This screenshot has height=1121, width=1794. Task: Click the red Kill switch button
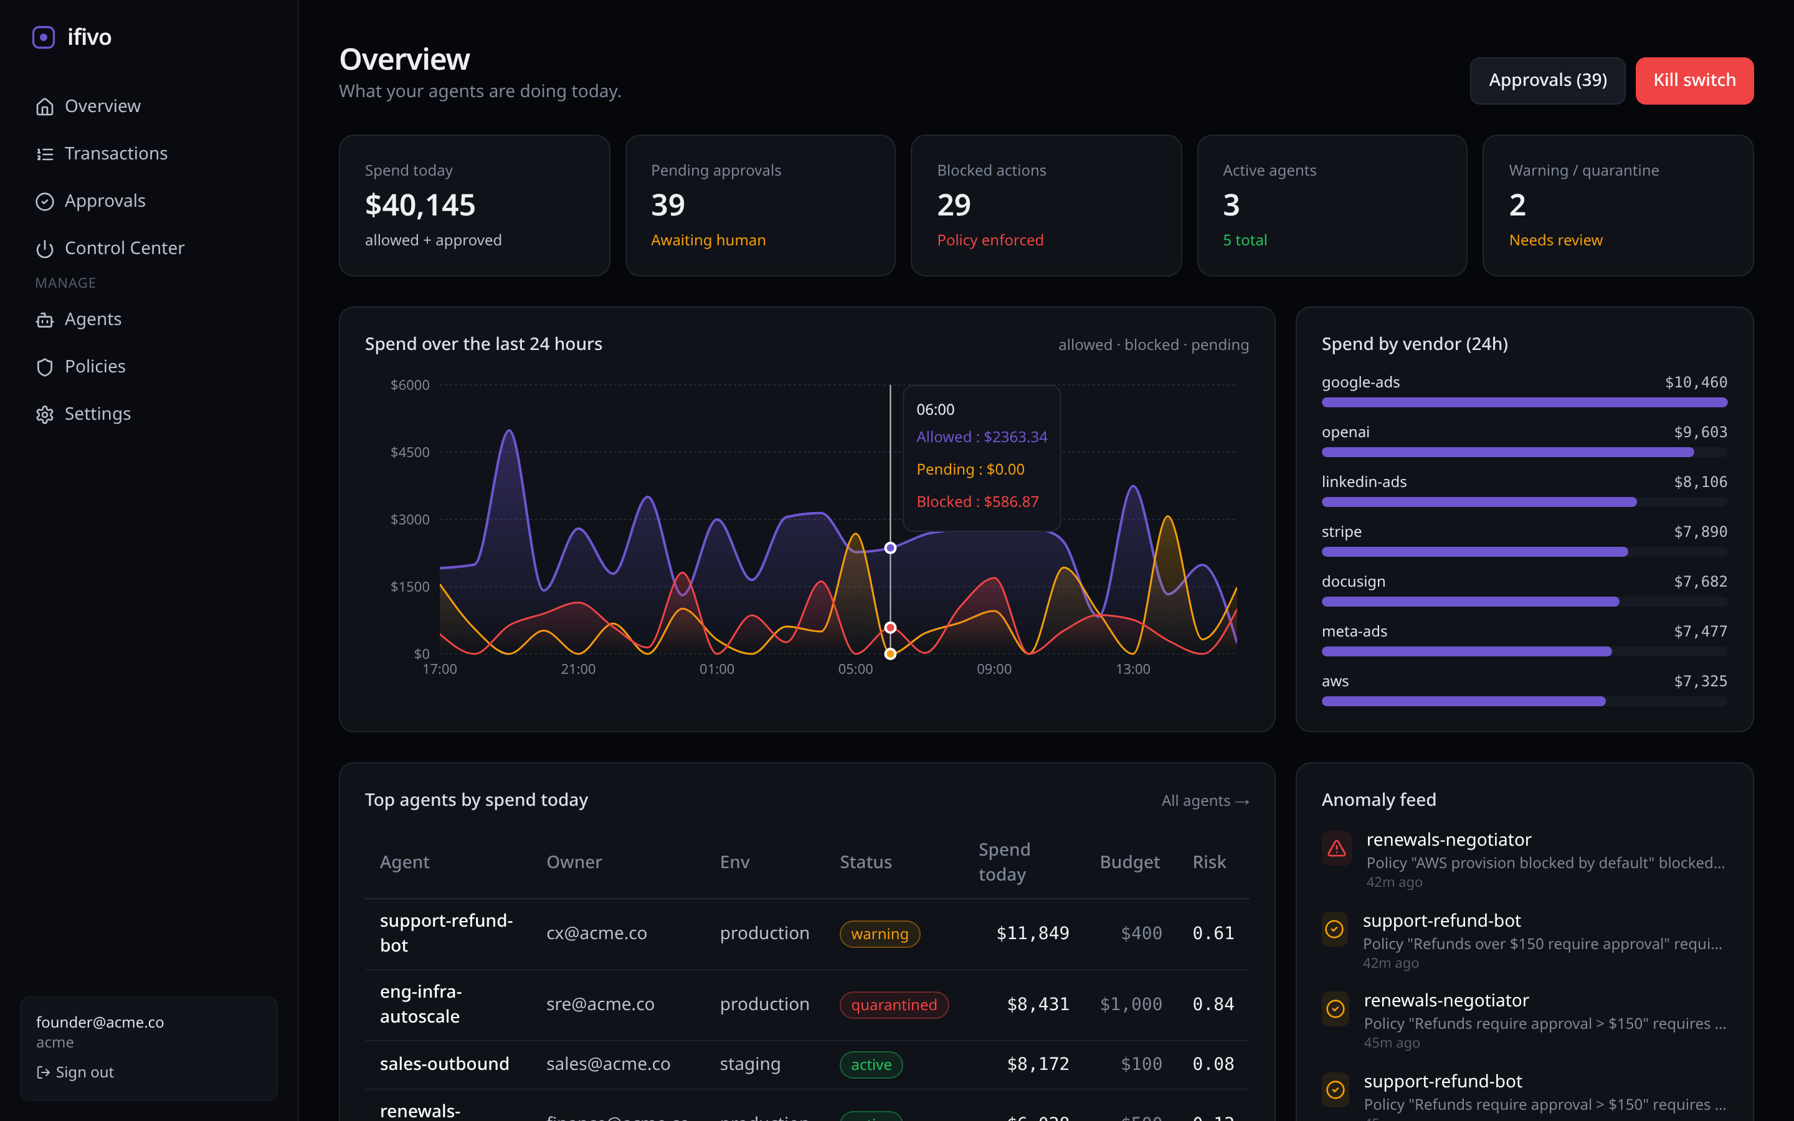tap(1694, 80)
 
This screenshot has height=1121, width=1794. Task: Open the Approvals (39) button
tap(1547, 80)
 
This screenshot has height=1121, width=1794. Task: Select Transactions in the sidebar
tap(116, 153)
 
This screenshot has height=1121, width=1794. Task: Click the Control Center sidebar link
tap(124, 248)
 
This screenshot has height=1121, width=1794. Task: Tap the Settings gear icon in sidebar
tap(44, 414)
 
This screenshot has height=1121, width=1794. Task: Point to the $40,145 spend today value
tap(420, 206)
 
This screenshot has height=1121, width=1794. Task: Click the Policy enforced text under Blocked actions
tap(990, 240)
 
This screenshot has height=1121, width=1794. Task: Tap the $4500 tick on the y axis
tap(410, 452)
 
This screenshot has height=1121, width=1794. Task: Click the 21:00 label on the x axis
tap(577, 669)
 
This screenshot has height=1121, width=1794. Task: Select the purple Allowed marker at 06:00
tap(890, 548)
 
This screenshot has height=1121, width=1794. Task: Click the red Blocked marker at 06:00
tap(890, 627)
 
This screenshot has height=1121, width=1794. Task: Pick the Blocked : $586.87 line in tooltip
tap(977, 502)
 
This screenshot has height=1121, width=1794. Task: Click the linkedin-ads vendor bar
tap(1479, 502)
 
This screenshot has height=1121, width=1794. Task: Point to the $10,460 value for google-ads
tap(1696, 382)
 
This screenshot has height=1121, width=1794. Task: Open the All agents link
tap(1205, 801)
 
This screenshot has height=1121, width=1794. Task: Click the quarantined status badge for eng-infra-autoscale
tap(893, 1005)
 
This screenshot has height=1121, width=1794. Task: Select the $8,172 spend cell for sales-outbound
tap(1037, 1064)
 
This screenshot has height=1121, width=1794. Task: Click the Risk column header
tap(1208, 863)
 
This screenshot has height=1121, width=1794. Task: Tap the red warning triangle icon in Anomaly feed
tap(1336, 849)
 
